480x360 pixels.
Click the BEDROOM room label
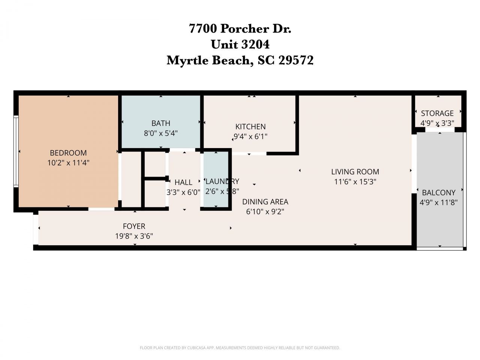[x=68, y=153]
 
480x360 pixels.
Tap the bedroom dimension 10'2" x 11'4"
[x=68, y=163]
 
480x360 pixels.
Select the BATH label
[x=161, y=123]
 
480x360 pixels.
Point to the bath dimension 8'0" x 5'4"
[x=161, y=133]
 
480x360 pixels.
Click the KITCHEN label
[x=250, y=127]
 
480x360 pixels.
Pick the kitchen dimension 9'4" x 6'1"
[x=250, y=136]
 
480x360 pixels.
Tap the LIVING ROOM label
[x=355, y=172]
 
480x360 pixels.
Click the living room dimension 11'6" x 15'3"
[x=355, y=182]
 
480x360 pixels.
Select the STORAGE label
[x=437, y=113]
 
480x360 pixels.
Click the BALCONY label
[x=439, y=193]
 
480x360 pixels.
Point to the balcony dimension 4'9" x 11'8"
[x=439, y=202]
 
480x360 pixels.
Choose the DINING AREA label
[x=265, y=202]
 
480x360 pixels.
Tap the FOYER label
[x=134, y=226]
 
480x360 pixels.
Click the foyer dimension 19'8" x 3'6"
[x=134, y=236]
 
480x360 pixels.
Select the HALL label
[x=183, y=182]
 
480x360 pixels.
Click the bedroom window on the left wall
[x=16, y=151]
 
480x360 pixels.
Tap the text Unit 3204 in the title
[x=240, y=44]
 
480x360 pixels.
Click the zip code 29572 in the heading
[x=296, y=60]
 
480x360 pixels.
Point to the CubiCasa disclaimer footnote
[x=240, y=348]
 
